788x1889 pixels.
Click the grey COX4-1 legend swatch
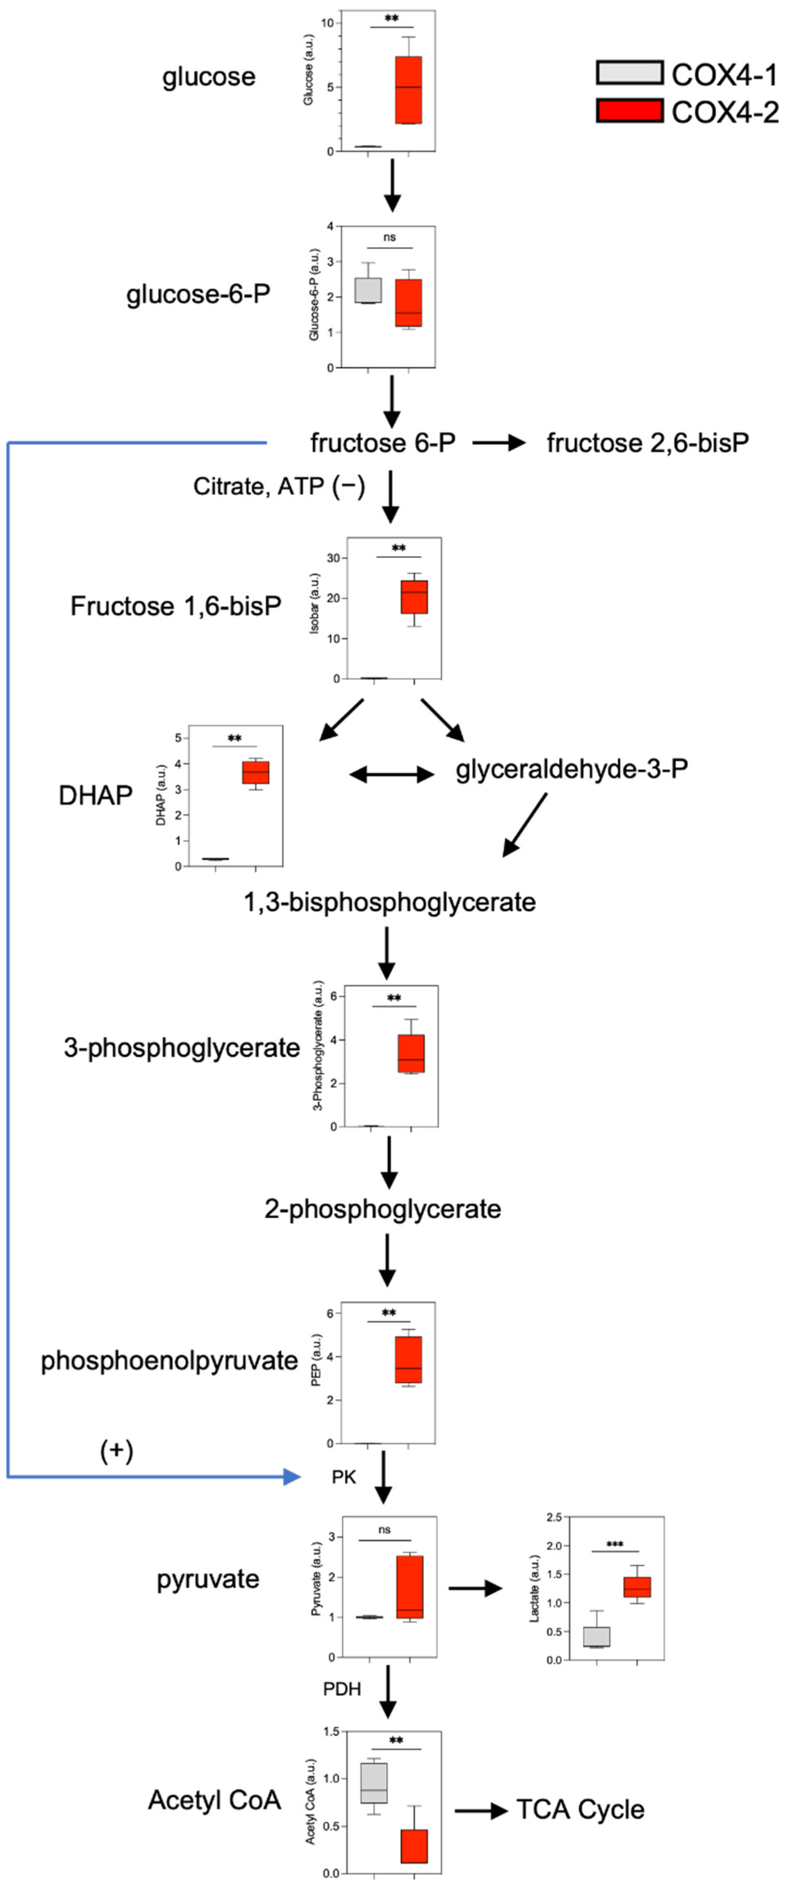point(629,72)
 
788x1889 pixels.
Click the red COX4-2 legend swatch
point(629,111)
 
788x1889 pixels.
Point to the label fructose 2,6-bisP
point(647,443)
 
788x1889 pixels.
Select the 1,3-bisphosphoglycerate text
point(389,902)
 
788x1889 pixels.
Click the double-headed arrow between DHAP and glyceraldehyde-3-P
point(392,775)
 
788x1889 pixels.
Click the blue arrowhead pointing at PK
point(292,1476)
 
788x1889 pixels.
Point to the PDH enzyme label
point(342,1689)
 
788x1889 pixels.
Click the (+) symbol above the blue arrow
point(117,1450)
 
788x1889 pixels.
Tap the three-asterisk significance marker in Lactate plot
point(615,1545)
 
